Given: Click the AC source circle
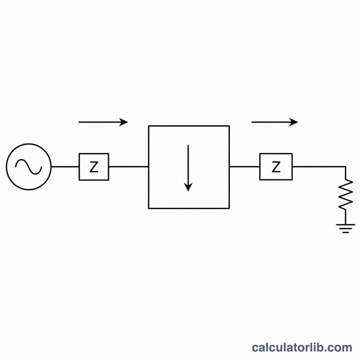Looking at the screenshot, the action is click(29, 144).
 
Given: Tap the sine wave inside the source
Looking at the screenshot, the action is click(29, 166).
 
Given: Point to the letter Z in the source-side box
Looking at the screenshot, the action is click(94, 167).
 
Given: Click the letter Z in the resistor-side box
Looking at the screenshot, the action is click(276, 167).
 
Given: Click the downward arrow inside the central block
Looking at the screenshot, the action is click(188, 168).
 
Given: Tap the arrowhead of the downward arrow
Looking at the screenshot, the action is click(188, 187).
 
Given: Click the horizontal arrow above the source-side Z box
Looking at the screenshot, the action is click(103, 122).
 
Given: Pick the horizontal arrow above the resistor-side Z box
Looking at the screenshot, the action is click(275, 122).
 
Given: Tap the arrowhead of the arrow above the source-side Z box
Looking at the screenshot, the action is click(123, 122).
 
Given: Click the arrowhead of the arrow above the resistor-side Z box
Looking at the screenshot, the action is click(294, 122).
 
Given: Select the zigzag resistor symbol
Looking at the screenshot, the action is click(346, 194).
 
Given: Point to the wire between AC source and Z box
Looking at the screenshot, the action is click(65, 166).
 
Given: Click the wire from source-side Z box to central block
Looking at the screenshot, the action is click(129, 166).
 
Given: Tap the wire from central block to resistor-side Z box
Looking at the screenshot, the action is click(244, 166).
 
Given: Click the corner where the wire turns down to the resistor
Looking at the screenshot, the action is click(346, 166).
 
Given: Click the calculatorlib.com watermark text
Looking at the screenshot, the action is click(302, 347).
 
